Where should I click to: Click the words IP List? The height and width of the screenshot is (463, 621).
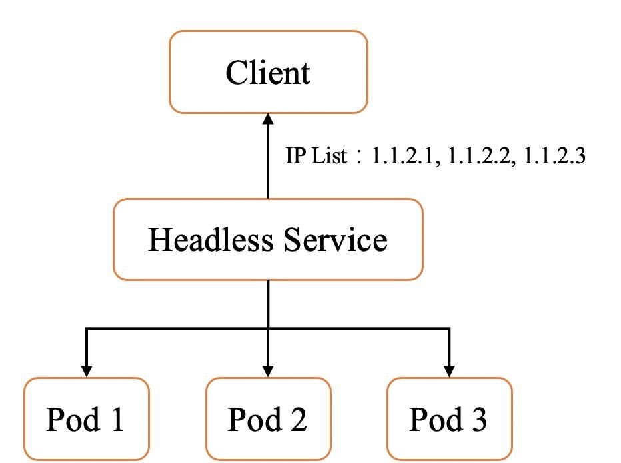[316, 157]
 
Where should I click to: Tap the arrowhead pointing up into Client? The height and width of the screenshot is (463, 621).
[268, 119]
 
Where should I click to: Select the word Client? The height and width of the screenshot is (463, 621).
[268, 72]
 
